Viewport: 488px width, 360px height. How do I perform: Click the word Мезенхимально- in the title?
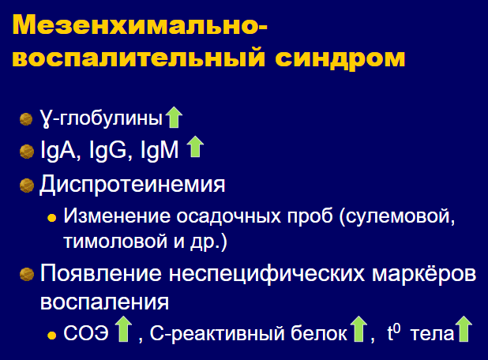click(140, 25)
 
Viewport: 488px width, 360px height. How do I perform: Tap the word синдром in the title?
click(340, 58)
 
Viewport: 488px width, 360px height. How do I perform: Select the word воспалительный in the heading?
click(138, 57)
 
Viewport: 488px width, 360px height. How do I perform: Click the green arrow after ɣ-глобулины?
click(174, 118)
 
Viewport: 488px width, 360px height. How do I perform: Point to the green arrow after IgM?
click(195, 146)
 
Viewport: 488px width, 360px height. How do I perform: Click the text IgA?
click(58, 150)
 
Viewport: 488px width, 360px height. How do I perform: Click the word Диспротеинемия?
click(133, 184)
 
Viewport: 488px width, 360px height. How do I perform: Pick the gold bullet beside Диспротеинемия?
click(27, 186)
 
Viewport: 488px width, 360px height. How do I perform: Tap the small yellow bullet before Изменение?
click(51, 218)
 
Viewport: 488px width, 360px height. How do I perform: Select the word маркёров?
click(424, 273)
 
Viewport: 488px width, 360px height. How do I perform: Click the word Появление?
click(101, 273)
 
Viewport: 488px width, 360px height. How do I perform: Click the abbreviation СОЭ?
click(86, 333)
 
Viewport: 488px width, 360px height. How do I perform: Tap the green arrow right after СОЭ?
click(123, 329)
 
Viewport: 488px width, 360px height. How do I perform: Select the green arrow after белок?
click(358, 329)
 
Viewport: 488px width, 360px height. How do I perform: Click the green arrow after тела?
click(464, 329)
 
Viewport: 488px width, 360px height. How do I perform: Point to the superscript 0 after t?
click(397, 328)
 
